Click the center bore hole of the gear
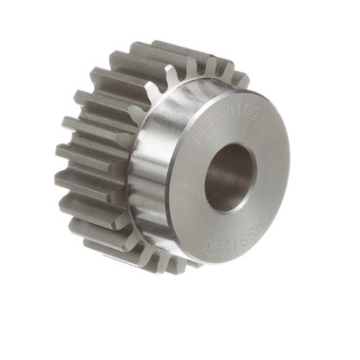(229, 175)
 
